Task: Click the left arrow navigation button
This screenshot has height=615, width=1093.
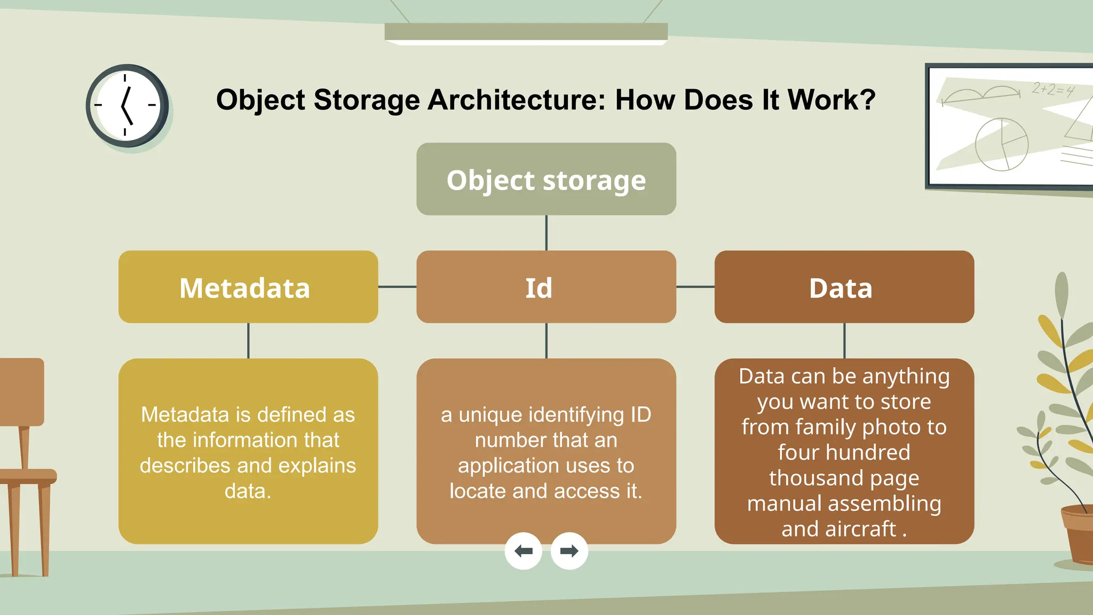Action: (523, 551)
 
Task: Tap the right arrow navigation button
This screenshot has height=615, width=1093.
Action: (569, 551)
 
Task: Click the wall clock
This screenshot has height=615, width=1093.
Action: (127, 106)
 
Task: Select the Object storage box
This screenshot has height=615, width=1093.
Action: (546, 179)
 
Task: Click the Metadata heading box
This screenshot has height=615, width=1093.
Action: (248, 287)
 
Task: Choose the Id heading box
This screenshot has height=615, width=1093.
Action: (546, 287)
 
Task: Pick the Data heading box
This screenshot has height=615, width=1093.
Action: (844, 287)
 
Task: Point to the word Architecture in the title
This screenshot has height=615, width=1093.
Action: (516, 100)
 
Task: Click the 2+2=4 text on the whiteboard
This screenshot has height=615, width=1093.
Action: (1052, 90)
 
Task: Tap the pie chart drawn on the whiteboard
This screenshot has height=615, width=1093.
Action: (1002, 144)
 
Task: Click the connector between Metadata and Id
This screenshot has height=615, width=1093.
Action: (397, 287)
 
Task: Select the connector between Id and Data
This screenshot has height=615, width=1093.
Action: (695, 287)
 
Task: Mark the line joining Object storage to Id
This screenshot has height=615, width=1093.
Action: (546, 233)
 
